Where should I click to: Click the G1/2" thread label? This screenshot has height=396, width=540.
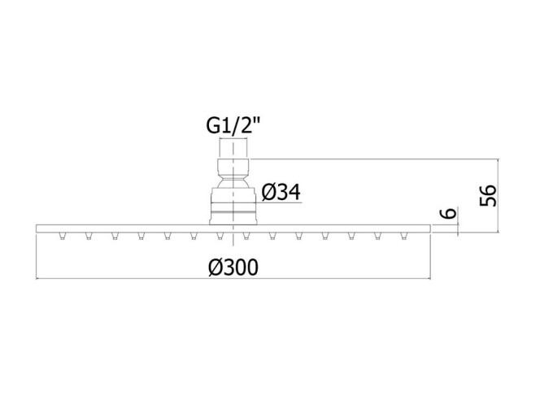click(233, 125)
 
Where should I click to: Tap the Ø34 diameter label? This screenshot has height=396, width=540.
click(281, 192)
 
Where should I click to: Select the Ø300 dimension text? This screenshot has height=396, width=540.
click(233, 268)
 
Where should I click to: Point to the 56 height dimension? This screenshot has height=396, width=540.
click(488, 196)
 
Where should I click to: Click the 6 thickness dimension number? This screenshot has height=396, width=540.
click(448, 213)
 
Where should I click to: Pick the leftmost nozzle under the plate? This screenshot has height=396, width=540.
click(62, 236)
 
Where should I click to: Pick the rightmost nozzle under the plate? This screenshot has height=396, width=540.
click(404, 236)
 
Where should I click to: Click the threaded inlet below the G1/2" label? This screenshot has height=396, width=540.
click(233, 149)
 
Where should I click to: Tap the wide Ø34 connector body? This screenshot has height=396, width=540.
click(233, 207)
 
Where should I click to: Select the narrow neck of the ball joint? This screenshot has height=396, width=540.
click(233, 178)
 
